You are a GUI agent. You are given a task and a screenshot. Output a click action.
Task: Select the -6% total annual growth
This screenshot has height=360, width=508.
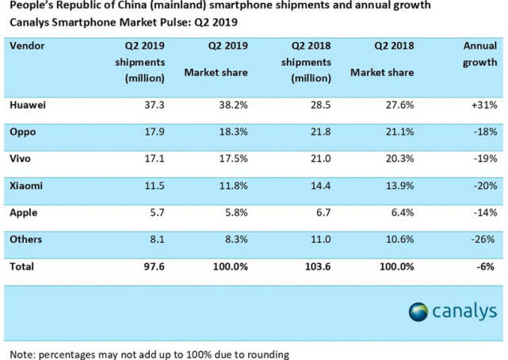484,267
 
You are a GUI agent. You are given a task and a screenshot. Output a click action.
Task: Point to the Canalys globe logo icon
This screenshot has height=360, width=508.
420,312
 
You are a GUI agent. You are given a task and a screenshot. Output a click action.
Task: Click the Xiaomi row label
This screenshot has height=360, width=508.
27,186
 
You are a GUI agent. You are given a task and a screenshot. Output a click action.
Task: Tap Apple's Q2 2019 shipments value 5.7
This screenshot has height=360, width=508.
156,213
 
